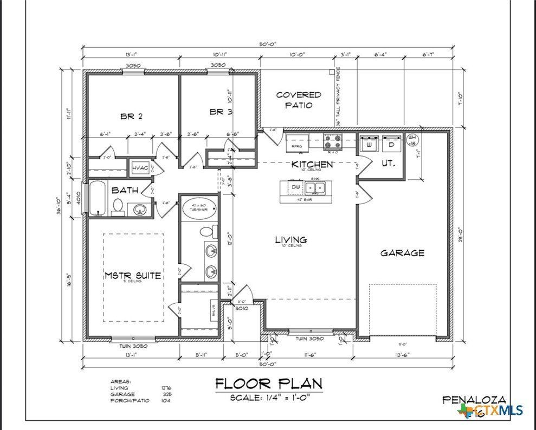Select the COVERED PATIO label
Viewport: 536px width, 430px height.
coord(299,100)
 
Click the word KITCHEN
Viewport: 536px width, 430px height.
coord(312,164)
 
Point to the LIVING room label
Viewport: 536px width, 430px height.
coord(290,239)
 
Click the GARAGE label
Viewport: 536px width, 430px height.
coord(402,252)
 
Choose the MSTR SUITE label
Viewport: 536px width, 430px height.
coord(133,275)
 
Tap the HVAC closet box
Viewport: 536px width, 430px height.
coord(139,169)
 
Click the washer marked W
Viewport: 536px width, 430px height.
coord(370,145)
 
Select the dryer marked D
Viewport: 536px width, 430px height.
coord(391,145)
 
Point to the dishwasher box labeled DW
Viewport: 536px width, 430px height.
coord(295,187)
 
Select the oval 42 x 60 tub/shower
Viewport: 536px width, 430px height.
coord(198,209)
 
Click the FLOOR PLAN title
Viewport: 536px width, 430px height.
coord(269,384)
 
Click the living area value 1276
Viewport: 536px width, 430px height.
coord(166,388)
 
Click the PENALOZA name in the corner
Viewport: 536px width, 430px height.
coord(474,400)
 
